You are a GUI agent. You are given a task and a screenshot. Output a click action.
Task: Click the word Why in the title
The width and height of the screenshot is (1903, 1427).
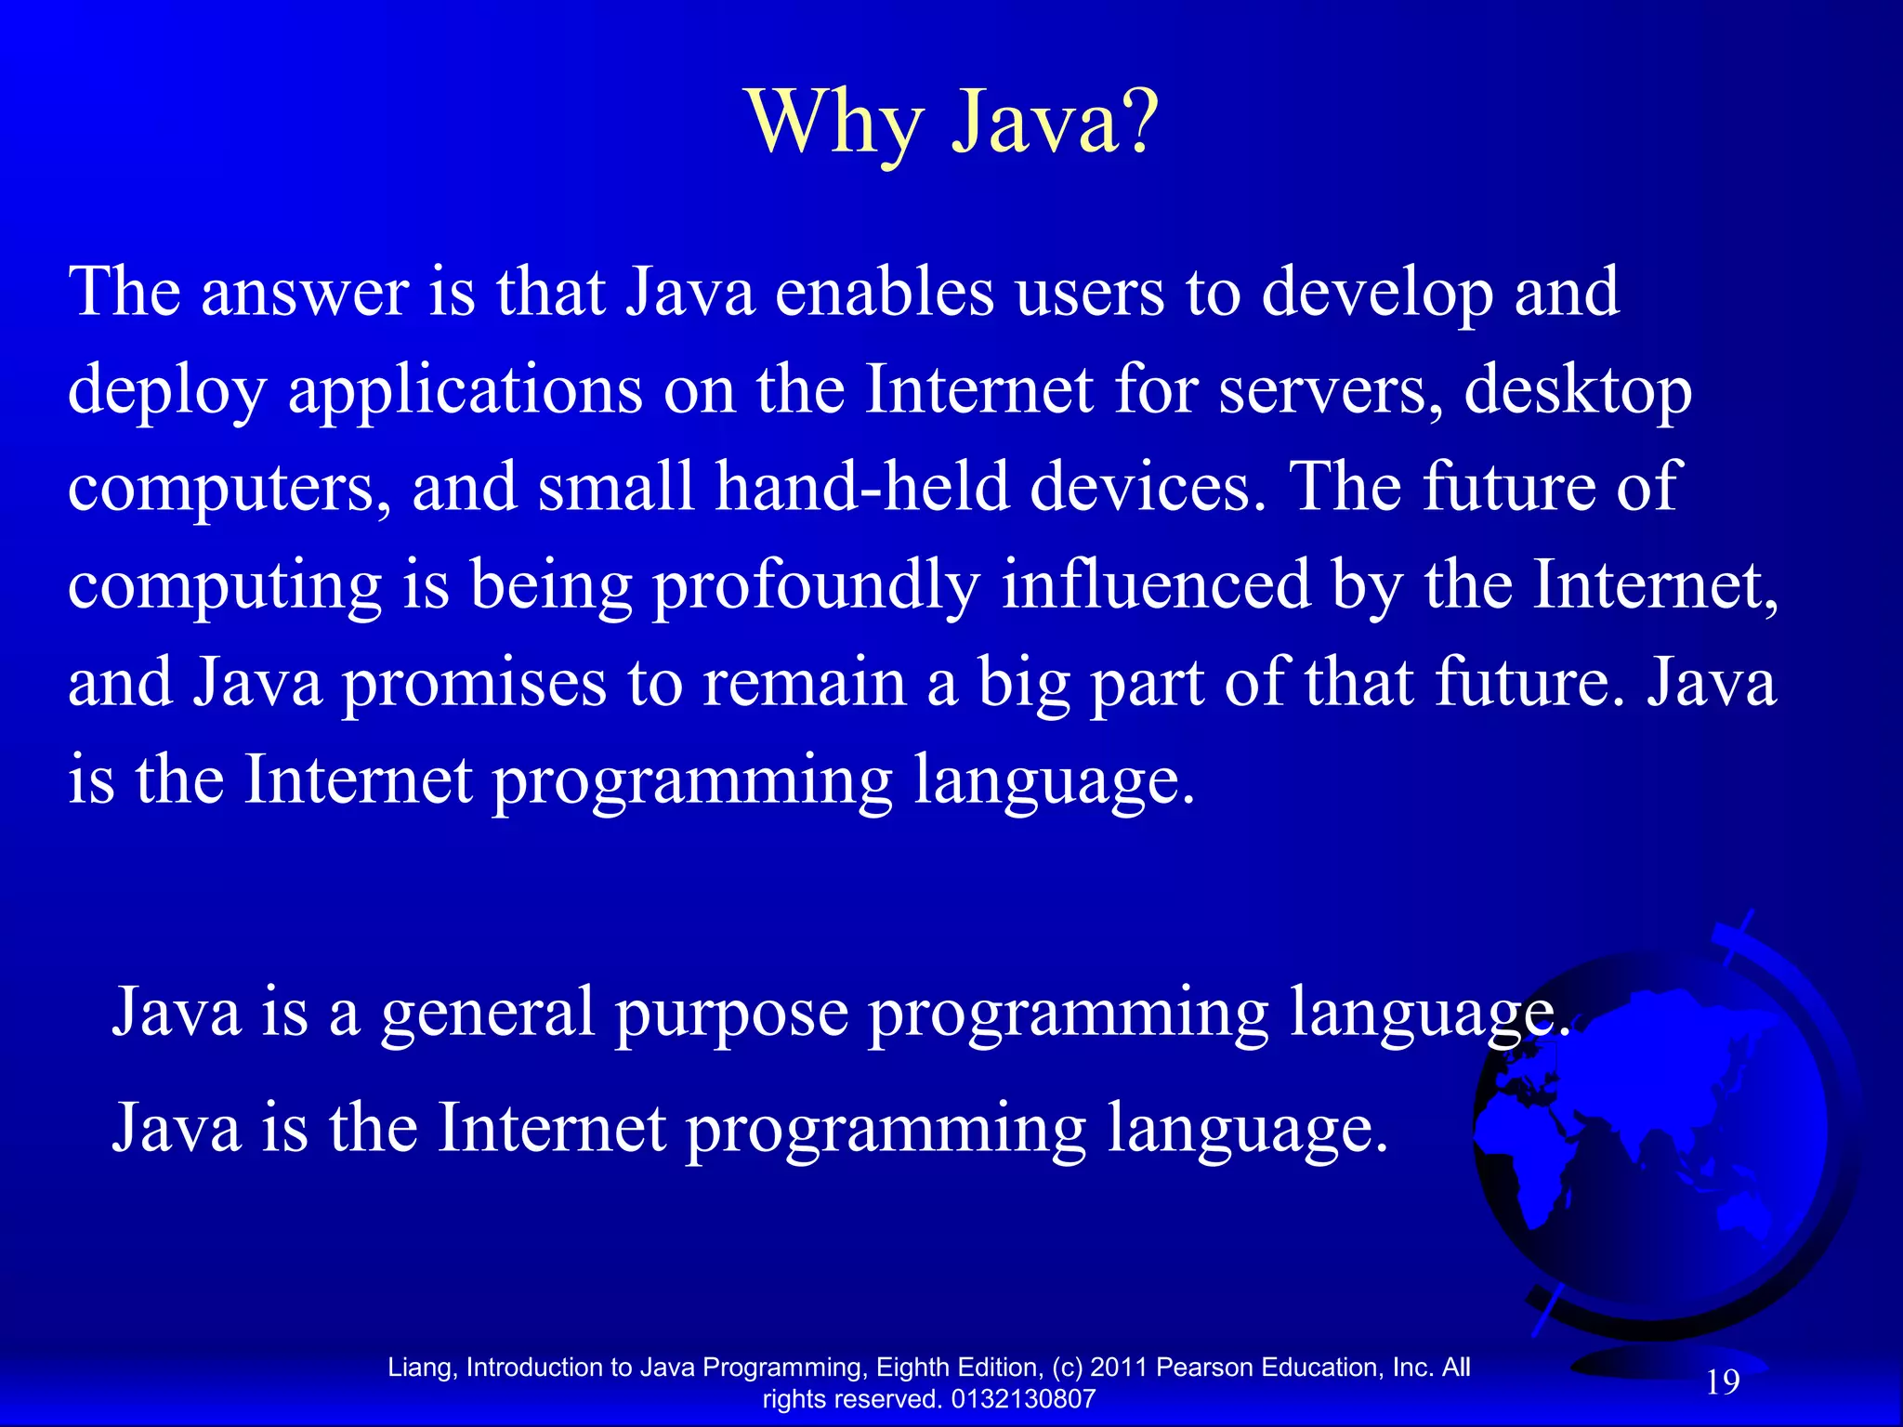[x=834, y=124]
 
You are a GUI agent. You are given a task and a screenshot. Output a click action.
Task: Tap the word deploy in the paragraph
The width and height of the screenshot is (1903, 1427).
[x=167, y=391]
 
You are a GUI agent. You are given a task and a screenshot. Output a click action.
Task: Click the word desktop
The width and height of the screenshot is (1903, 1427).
[x=1578, y=391]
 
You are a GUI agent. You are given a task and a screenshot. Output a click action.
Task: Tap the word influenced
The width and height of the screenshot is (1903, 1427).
[x=1156, y=584]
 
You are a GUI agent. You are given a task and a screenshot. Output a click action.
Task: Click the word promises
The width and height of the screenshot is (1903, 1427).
[x=474, y=684]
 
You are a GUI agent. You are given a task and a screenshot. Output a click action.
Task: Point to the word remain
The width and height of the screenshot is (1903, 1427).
[x=804, y=682]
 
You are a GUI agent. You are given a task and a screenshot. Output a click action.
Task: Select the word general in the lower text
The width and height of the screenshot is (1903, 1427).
[x=487, y=1014]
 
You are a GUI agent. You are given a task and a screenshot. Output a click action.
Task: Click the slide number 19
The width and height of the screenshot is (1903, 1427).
[x=1723, y=1382]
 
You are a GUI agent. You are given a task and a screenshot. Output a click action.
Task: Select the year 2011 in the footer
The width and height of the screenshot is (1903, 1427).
[x=1119, y=1368]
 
